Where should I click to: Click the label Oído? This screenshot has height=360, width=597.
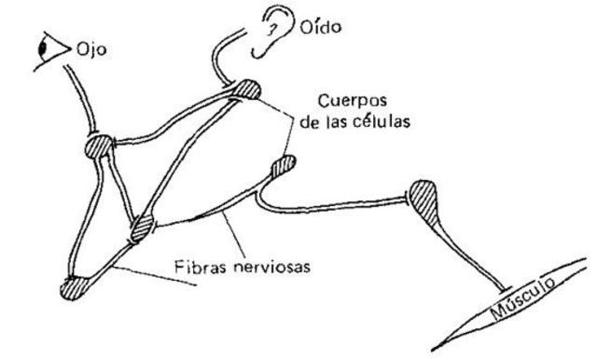(321, 28)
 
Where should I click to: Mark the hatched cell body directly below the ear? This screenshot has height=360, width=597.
(247, 89)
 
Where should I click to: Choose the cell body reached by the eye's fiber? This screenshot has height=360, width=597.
(100, 146)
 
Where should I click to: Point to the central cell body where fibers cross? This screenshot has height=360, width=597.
(143, 227)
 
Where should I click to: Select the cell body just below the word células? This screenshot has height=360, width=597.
(283, 167)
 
